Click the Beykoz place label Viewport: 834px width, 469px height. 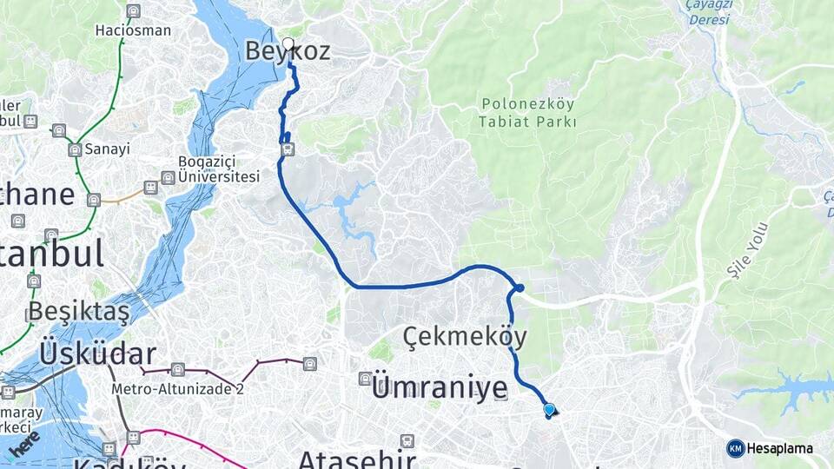point(288,52)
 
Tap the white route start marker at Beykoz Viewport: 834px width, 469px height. point(288,43)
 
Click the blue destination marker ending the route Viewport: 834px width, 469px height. point(549,410)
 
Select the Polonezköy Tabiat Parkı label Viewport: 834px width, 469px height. point(527,113)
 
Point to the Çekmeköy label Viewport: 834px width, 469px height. point(465,336)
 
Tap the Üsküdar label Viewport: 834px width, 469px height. point(97,353)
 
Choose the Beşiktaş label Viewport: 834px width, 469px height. point(78,311)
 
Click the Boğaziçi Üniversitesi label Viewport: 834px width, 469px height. point(219,169)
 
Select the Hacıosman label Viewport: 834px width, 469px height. point(133,30)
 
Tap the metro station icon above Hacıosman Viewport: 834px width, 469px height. point(133,11)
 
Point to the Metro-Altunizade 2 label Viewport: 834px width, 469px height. point(177,388)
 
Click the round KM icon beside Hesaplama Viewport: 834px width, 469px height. point(736,448)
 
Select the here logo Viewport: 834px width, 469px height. point(26,444)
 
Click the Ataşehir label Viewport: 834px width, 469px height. point(356,459)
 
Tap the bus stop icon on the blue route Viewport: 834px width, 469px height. point(288,149)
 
